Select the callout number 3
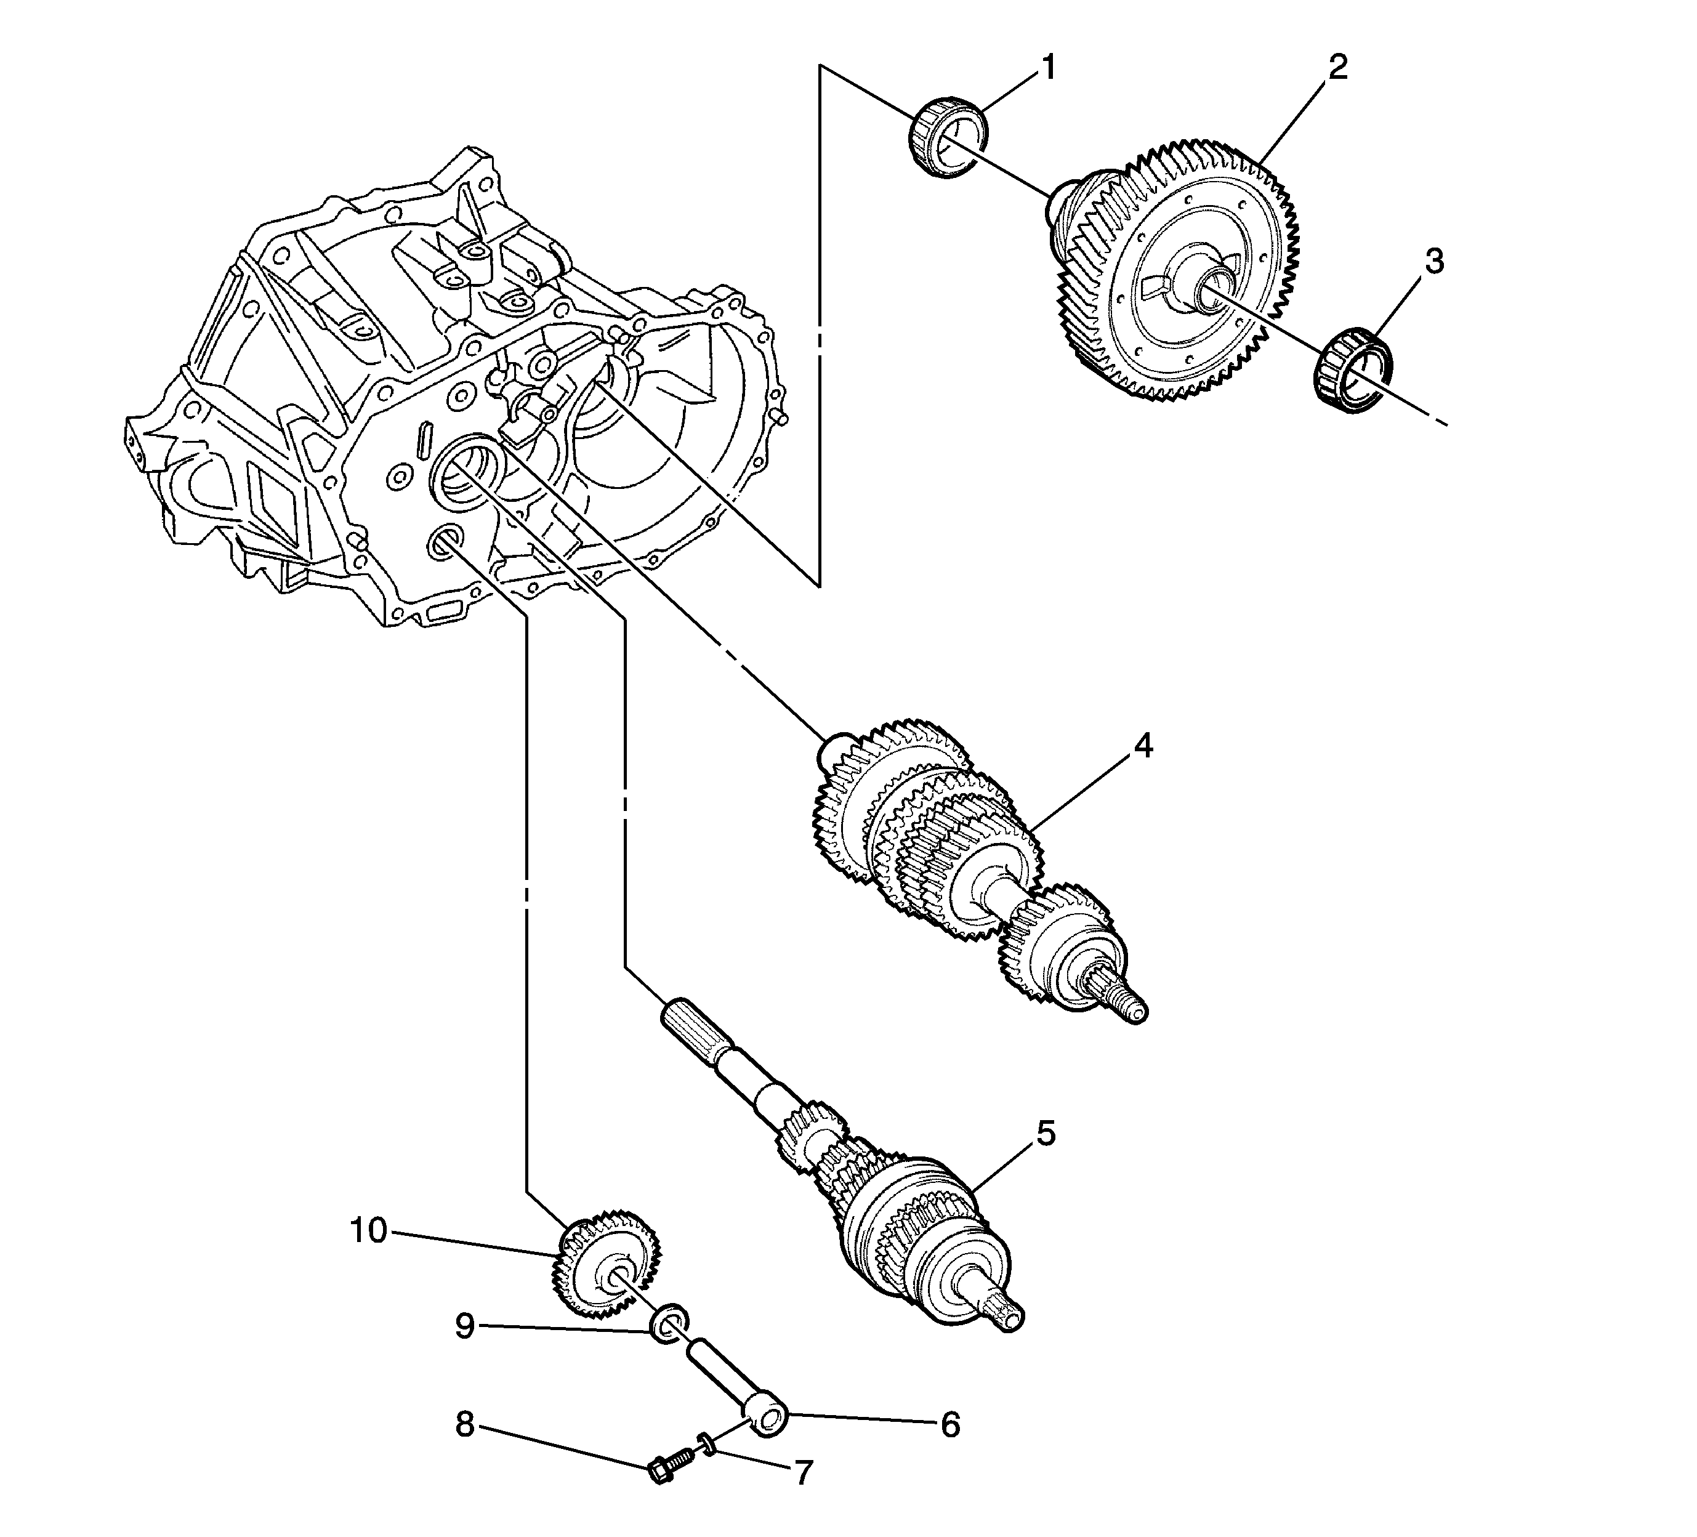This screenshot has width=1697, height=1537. tap(1433, 262)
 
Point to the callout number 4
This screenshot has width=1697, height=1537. tap(1142, 746)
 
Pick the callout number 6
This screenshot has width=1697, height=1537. tap(949, 1425)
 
